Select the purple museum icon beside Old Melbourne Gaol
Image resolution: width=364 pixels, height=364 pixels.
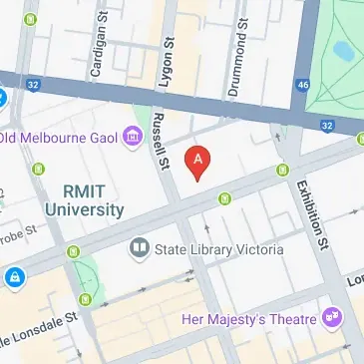(132, 137)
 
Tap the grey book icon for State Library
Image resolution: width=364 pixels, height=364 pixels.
(140, 247)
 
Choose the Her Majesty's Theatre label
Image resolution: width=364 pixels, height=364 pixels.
(248, 319)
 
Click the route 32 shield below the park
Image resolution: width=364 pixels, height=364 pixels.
(326, 125)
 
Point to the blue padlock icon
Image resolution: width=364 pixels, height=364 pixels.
(14, 275)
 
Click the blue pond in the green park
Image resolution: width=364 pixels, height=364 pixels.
(344, 48)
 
